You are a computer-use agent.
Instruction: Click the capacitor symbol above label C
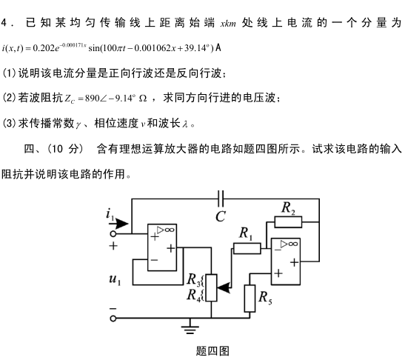(x=221, y=199)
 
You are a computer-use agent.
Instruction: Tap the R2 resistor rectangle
(x=288, y=222)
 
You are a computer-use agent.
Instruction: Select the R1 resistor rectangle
(x=247, y=248)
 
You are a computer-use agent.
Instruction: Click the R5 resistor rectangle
(x=250, y=299)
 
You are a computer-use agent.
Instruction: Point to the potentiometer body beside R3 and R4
(x=211, y=288)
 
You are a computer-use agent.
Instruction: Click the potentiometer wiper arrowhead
(x=224, y=288)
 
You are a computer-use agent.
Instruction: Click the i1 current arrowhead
(x=121, y=223)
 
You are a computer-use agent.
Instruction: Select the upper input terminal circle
(x=113, y=234)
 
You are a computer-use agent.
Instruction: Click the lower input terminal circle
(x=113, y=319)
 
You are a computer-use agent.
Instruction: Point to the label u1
(x=116, y=279)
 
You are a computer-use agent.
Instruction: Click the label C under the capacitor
(x=221, y=216)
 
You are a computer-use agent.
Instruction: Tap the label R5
(x=265, y=298)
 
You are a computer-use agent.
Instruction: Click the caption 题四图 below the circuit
(x=212, y=351)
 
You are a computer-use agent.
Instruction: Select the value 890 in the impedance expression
(x=93, y=99)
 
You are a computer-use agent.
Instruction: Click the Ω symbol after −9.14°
(x=143, y=99)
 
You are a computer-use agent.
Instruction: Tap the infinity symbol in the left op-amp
(x=169, y=230)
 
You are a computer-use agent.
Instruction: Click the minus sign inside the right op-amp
(x=278, y=250)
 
